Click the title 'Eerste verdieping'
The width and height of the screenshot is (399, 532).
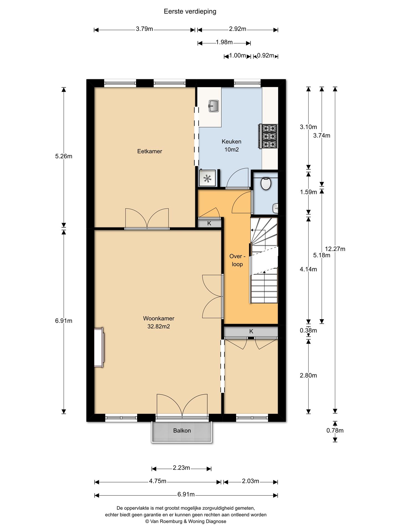(190, 11)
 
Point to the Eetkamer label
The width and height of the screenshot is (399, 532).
(150, 151)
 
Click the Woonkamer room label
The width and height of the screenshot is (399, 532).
(158, 319)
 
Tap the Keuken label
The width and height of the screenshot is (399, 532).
(231, 142)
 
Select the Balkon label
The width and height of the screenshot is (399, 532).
(182, 431)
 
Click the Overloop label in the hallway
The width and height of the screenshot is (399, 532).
(237, 260)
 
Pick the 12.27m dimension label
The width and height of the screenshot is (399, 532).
(335, 249)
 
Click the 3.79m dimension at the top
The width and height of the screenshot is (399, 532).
(144, 29)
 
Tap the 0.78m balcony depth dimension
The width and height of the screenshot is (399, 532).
(335, 430)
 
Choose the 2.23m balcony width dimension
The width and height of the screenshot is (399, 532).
(181, 468)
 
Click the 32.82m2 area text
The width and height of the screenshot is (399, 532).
(158, 326)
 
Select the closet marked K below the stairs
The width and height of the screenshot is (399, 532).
(251, 331)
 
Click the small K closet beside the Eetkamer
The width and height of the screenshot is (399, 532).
(209, 223)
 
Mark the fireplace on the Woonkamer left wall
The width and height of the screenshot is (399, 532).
(99, 347)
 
